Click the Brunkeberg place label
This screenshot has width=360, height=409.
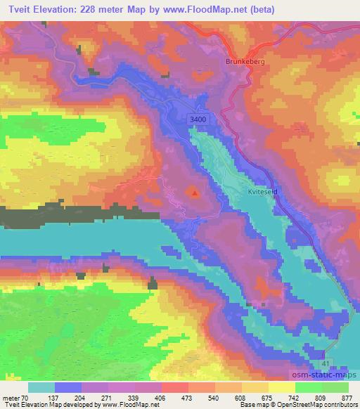click(x=245, y=62)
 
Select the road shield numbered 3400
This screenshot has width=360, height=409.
click(x=199, y=120)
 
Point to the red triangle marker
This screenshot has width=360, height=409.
click(x=195, y=191)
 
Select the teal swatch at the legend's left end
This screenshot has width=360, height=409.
click(x=41, y=387)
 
